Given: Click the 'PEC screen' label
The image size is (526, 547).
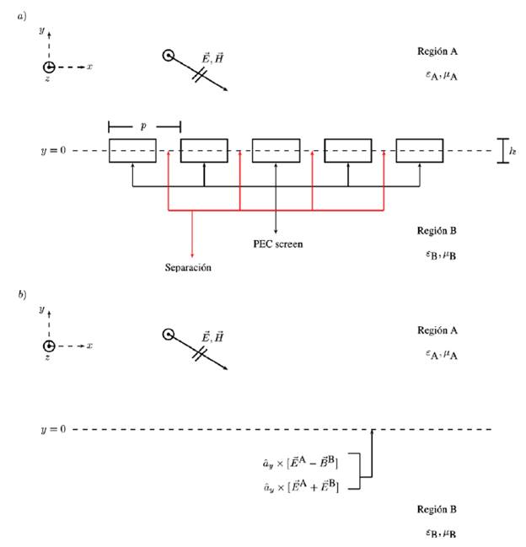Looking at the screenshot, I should (277, 244).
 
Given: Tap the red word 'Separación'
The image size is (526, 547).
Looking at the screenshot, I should (187, 268).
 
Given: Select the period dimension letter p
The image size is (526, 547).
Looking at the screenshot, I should (143, 124).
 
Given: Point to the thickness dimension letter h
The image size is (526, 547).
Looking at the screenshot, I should (513, 151).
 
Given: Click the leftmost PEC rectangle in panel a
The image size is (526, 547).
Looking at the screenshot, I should (132, 151).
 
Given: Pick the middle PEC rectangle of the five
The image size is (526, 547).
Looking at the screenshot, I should (276, 151).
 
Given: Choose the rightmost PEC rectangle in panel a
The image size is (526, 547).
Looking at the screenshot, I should (419, 151).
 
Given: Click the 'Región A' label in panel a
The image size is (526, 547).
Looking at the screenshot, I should (438, 51).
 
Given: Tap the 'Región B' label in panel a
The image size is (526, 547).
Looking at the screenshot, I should (437, 230).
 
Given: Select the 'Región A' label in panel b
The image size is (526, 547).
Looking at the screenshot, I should (438, 330).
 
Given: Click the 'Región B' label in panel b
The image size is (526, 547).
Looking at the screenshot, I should (437, 509).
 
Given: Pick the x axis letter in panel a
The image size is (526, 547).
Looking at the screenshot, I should (89, 66).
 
